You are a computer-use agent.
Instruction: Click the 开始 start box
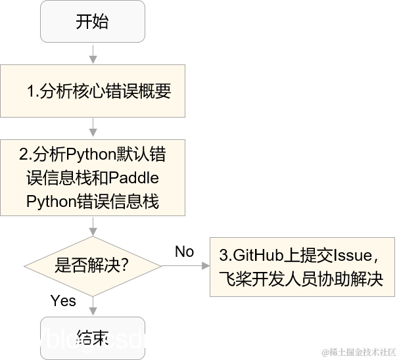[x=92, y=22]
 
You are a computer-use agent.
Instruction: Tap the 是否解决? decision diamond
[x=91, y=265]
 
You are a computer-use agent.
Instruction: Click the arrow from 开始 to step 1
[x=92, y=54]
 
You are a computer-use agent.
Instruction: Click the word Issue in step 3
[x=354, y=254]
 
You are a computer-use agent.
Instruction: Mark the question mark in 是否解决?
[x=123, y=266]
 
